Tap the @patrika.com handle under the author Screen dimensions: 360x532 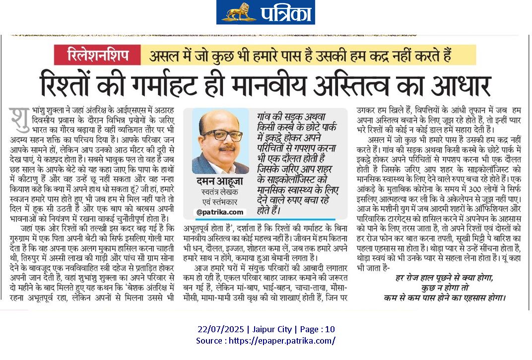pyautogui.click(x=220, y=212)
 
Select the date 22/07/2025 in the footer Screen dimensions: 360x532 pyautogui.click(x=219, y=329)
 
